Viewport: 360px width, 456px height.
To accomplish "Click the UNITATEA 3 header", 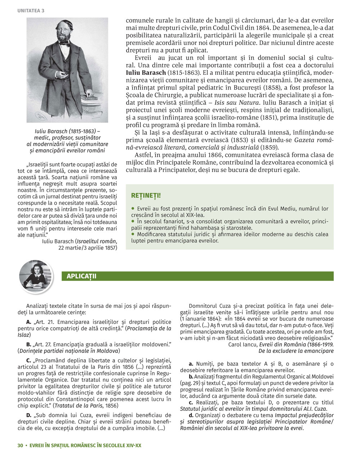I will pyautogui.click(x=31, y=10).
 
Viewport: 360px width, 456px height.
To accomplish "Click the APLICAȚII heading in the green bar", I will pyautogui.click(x=81, y=276).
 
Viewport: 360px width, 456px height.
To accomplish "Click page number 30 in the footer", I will pyautogui.click(x=20, y=445).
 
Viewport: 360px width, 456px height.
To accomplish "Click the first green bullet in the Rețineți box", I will pyautogui.click(x=133, y=208).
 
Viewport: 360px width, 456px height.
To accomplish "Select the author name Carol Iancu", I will pyautogui.click(x=242, y=344).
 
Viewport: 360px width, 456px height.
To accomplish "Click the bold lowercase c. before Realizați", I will pyautogui.click(x=191, y=402).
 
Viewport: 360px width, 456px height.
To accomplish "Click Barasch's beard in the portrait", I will pyautogui.click(x=65, y=36).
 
